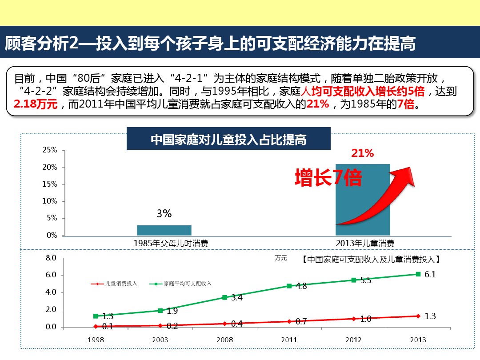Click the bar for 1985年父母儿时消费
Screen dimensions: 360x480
point(164,230)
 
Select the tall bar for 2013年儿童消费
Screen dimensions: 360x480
point(363,200)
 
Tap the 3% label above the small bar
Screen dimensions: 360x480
point(164,214)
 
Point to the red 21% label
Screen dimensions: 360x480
point(363,154)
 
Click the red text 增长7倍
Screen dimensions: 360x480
point(328,178)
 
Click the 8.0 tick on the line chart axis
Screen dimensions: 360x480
point(51,258)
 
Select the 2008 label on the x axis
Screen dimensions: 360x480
point(224,340)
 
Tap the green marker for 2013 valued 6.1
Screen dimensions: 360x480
point(418,274)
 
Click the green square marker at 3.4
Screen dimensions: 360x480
point(225,297)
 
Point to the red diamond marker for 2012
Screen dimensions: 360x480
point(354,319)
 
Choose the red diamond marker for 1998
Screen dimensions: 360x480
point(96,326)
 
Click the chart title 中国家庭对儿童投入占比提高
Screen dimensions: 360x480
point(228,140)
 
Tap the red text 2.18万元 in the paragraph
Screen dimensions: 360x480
point(35,105)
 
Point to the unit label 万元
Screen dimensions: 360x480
point(281,258)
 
